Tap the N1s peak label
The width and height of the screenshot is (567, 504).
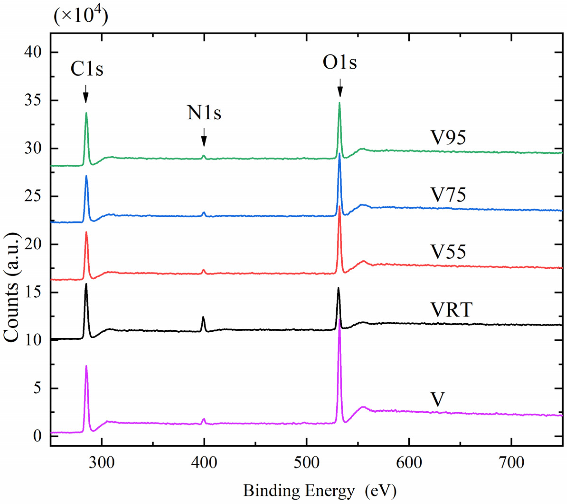click(204, 113)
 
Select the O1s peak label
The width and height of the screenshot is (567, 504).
click(339, 63)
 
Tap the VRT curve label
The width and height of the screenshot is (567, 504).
click(451, 310)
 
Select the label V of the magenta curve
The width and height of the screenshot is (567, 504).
click(438, 400)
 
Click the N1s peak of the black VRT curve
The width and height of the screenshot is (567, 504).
click(203, 317)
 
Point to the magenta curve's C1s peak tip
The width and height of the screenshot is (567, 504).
click(86, 366)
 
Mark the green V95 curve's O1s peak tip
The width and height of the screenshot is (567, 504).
click(339, 103)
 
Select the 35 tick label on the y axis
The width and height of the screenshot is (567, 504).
click(33, 100)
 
